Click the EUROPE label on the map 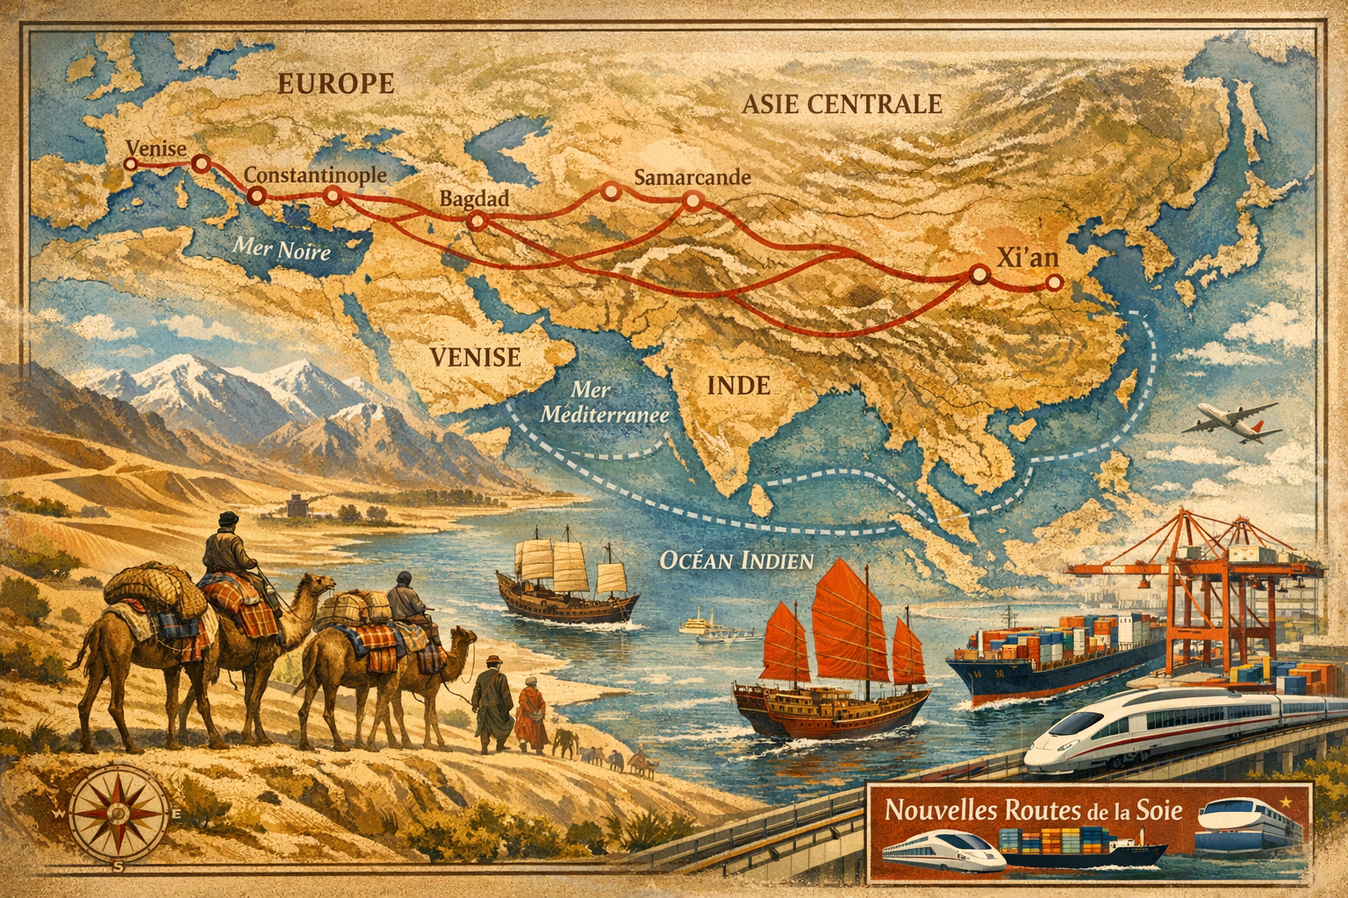(x=336, y=83)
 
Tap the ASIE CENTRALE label (x=841, y=104)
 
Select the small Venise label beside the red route (x=156, y=148)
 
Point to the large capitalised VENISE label (x=475, y=357)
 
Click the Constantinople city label (x=315, y=175)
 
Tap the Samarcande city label (x=692, y=177)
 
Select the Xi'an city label (x=1029, y=257)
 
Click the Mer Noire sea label (x=282, y=249)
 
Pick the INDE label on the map (x=738, y=384)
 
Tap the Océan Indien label (x=735, y=559)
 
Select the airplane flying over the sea (x=1229, y=419)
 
